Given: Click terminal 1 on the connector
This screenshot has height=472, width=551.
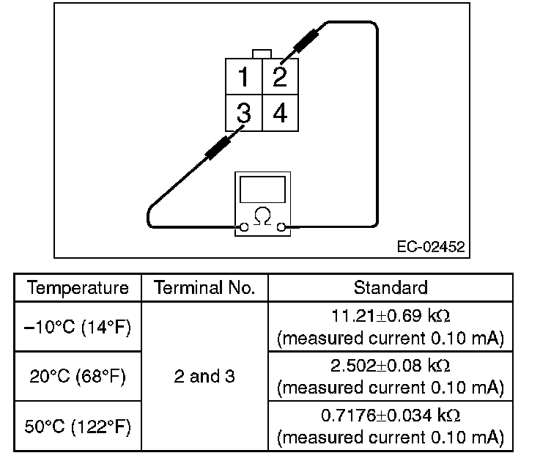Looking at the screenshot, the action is click(x=243, y=76).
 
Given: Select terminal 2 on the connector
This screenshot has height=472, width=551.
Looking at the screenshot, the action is click(x=279, y=76).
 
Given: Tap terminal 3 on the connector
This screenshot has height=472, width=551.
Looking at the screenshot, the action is click(x=243, y=113).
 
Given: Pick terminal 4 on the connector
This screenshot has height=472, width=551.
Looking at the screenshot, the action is click(x=279, y=113).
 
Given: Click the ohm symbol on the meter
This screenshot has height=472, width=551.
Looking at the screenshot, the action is click(x=261, y=215).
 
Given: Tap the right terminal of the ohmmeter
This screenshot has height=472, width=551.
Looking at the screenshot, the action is click(x=280, y=228).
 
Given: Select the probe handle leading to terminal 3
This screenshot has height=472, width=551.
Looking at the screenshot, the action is click(x=216, y=149).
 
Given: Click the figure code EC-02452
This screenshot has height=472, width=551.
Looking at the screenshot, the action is click(x=431, y=247).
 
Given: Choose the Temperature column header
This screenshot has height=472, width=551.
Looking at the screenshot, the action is click(x=78, y=287).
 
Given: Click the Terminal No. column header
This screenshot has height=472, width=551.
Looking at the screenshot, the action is click(x=204, y=287).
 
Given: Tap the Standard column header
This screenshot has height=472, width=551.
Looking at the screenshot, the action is click(x=390, y=287).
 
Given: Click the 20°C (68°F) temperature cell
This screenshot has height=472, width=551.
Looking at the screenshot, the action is click(x=78, y=377).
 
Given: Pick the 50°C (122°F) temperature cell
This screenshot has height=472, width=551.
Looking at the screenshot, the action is click(x=78, y=427).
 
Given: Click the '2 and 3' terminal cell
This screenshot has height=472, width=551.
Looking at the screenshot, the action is click(x=204, y=377).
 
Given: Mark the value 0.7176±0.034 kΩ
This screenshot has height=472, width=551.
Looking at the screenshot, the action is click(x=390, y=416).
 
